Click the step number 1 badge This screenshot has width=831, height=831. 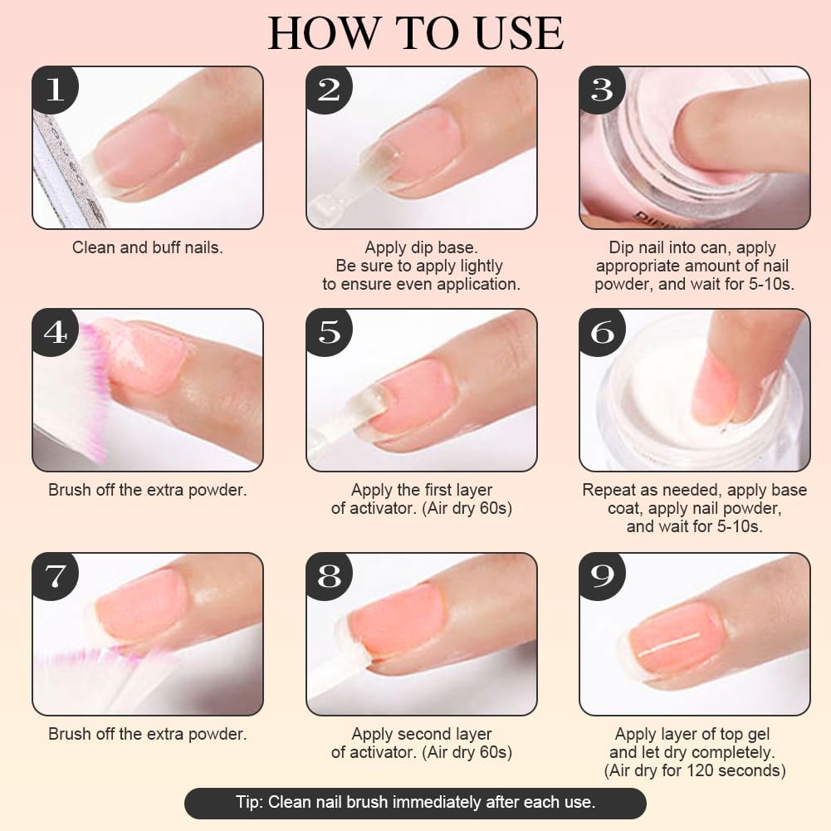click(x=55, y=89)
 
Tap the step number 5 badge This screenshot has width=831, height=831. click(x=329, y=332)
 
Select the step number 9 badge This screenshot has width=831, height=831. click(x=603, y=576)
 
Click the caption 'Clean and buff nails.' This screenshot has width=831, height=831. click(x=147, y=247)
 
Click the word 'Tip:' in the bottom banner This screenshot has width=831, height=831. click(x=249, y=802)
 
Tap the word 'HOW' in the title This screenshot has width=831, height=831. click(x=322, y=33)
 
